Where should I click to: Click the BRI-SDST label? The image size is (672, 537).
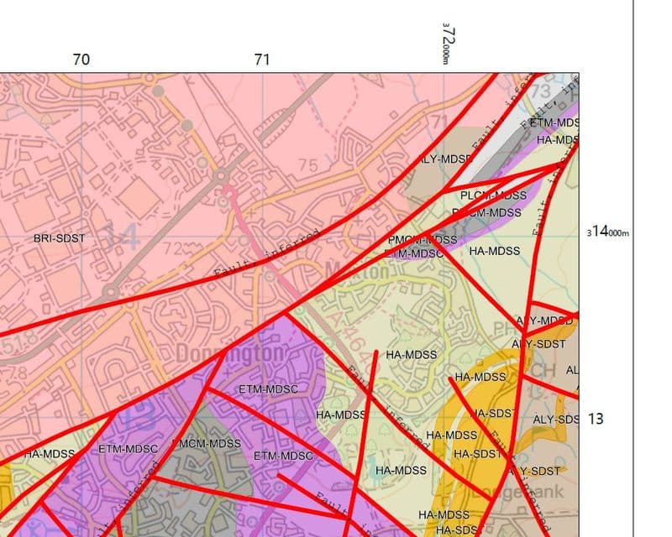pyautogui.click(x=60, y=239)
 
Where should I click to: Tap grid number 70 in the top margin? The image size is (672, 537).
pyautogui.click(x=81, y=60)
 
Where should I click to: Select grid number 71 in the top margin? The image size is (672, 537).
pyautogui.click(x=262, y=60)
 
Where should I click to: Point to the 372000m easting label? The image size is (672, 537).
pyautogui.click(x=448, y=42)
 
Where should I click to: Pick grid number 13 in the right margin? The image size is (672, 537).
pyautogui.click(x=596, y=418)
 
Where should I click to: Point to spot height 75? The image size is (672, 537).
pyautogui.click(x=308, y=165)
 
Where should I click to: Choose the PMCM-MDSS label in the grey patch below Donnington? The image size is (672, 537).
pyautogui.click(x=207, y=444)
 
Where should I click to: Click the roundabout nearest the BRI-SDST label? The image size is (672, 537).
pyautogui.click(x=109, y=291)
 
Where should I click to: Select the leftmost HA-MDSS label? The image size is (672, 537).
pyautogui.click(x=50, y=454)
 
